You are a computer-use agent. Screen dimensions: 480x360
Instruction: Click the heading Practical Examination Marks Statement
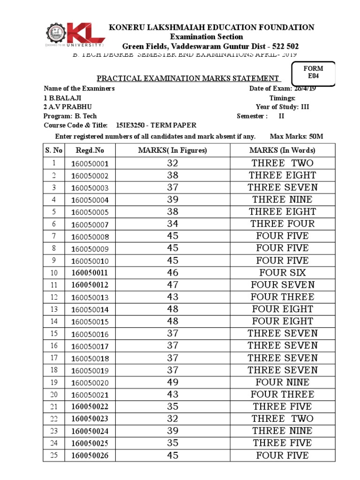[188, 78]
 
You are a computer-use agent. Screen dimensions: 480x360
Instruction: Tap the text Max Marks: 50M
[297, 136]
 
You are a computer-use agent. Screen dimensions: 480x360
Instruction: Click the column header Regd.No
[90, 150]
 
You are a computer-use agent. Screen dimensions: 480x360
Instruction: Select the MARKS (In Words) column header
[282, 150]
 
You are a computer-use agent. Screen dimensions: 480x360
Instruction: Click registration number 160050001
[90, 164]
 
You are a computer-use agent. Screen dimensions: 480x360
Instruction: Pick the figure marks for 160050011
[172, 272]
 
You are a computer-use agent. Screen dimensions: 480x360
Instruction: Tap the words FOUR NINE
[282, 382]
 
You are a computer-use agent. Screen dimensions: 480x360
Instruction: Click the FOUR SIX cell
[282, 272]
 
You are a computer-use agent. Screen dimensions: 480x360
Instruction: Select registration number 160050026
[90, 455]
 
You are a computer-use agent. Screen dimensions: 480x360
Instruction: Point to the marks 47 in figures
[172, 285]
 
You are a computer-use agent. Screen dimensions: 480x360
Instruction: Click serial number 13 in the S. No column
[54, 309]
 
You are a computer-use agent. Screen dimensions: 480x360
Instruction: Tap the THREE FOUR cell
[282, 224]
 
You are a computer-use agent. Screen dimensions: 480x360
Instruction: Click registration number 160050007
[90, 224]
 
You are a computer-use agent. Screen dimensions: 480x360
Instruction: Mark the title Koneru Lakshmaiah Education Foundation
[211, 27]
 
